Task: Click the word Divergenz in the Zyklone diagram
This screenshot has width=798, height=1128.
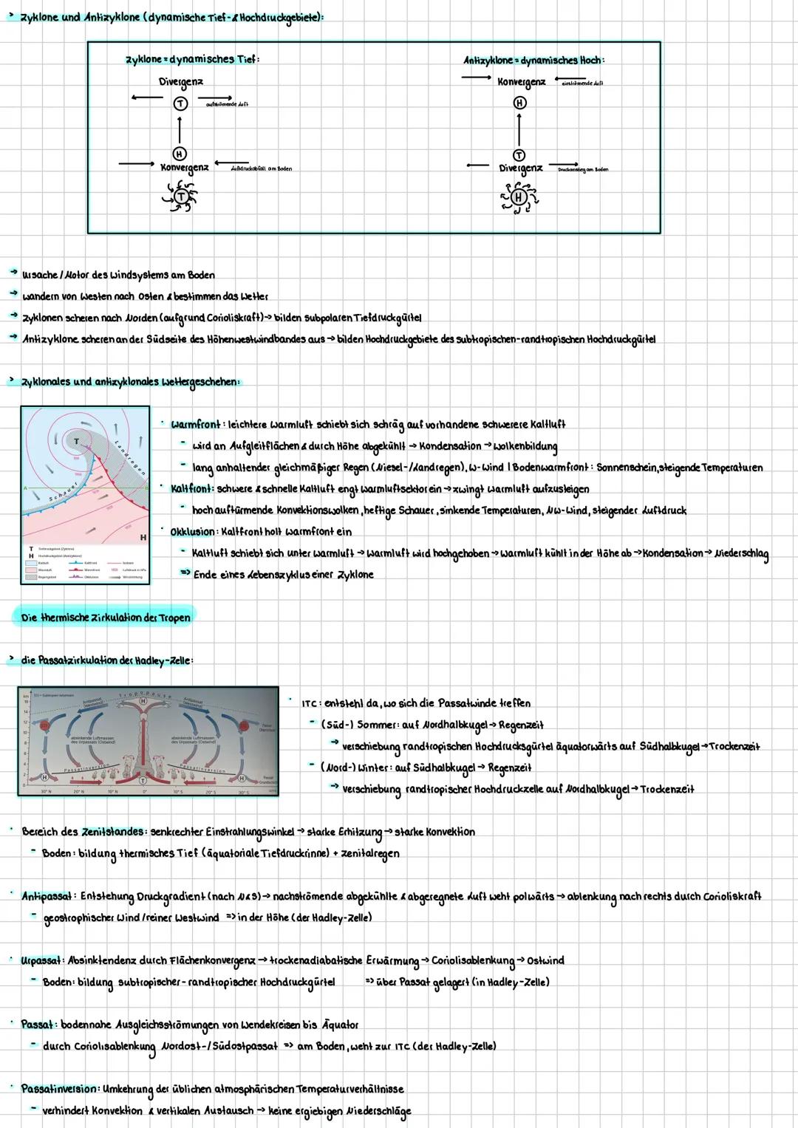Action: [x=181, y=81]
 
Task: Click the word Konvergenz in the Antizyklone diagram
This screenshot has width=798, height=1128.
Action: [x=521, y=81]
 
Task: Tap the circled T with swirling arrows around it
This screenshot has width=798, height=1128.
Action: [x=181, y=196]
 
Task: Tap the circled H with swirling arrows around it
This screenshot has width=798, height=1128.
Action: [x=519, y=197]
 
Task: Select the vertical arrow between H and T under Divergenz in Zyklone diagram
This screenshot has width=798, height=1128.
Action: [x=180, y=131]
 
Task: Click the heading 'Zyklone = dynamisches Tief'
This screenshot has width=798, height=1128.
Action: [x=193, y=59]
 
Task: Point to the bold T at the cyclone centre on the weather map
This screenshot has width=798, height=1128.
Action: [x=76, y=441]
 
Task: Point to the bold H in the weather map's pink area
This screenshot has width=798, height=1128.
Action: [x=143, y=537]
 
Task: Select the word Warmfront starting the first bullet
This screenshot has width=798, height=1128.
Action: [x=195, y=425]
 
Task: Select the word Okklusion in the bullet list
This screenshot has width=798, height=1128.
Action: [x=193, y=532]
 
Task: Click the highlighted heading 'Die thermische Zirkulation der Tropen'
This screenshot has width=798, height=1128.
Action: [x=105, y=618]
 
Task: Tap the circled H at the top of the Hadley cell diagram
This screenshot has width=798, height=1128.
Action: [x=143, y=700]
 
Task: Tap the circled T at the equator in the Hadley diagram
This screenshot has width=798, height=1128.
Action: [x=143, y=780]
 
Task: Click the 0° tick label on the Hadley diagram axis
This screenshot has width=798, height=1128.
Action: [x=145, y=792]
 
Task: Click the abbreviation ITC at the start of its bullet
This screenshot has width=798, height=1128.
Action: [x=310, y=703]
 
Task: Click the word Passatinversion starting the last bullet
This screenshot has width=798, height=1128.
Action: [x=59, y=1089]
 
